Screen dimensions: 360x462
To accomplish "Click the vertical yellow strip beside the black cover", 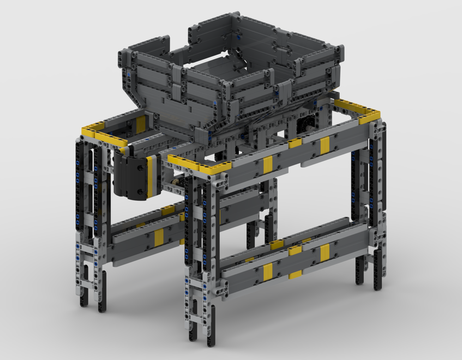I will (x=151, y=176).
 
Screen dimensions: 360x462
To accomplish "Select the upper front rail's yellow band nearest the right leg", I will (x=325, y=145).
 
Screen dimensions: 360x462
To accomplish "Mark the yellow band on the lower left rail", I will (x=158, y=237).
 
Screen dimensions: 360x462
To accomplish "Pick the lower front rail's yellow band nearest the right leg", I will (x=325, y=252).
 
